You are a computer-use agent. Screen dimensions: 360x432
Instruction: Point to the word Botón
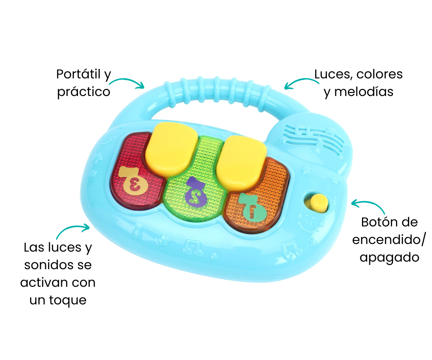pos(378,222)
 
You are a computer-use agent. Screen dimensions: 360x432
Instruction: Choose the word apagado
pos(389,257)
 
